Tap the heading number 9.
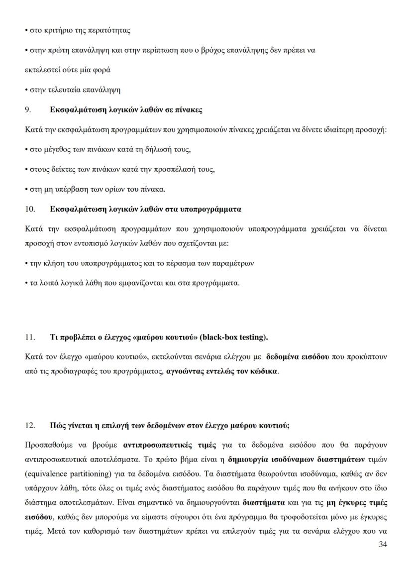(28, 110)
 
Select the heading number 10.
(30, 209)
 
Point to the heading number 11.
(30, 337)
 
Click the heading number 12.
(30, 426)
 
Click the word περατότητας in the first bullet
(112, 30)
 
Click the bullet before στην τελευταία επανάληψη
(26, 90)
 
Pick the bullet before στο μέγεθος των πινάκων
(26, 149)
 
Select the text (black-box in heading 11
(219, 337)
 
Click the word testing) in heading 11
(254, 337)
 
